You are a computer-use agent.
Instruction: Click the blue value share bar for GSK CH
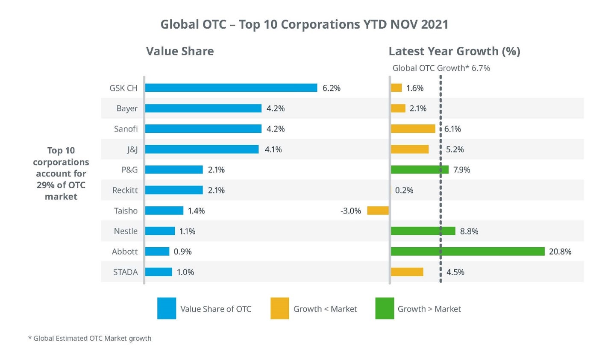tap(231, 88)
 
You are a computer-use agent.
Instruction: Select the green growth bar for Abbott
tap(467, 252)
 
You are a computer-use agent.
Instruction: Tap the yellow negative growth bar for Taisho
tap(378, 211)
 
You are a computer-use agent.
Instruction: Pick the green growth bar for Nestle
tap(423, 231)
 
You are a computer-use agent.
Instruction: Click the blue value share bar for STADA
tap(159, 272)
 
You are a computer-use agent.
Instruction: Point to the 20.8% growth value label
tap(560, 252)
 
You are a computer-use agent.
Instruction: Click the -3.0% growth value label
tap(351, 211)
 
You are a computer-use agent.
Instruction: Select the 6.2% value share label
tap(331, 88)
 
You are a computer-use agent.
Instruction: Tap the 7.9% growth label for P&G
tap(461, 170)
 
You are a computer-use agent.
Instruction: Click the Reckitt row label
tap(125, 190)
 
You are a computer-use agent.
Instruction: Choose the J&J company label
tap(132, 149)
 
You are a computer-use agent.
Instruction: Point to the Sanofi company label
tap(126, 129)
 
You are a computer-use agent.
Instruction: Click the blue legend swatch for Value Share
tap(167, 308)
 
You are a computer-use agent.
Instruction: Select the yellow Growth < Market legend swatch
tap(280, 308)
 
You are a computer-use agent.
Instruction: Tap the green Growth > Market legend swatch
tap(385, 308)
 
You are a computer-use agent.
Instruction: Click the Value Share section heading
tap(180, 51)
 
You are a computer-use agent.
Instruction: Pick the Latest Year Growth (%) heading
tap(454, 51)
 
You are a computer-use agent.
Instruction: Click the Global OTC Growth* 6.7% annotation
tap(441, 68)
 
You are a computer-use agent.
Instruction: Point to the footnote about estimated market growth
tap(90, 338)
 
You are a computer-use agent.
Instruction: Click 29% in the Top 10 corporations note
tap(46, 185)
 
